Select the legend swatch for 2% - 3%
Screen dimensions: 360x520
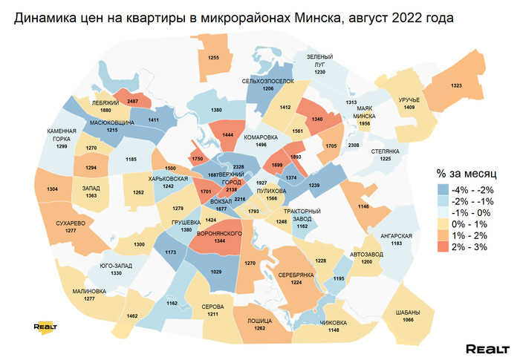click(x=443, y=247)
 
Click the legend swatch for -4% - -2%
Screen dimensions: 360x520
click(x=443, y=189)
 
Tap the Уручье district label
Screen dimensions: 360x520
click(x=409, y=99)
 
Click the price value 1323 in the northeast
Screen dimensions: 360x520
click(x=456, y=87)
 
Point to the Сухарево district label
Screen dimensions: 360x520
click(x=71, y=223)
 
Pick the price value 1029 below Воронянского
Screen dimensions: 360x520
click(x=216, y=273)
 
